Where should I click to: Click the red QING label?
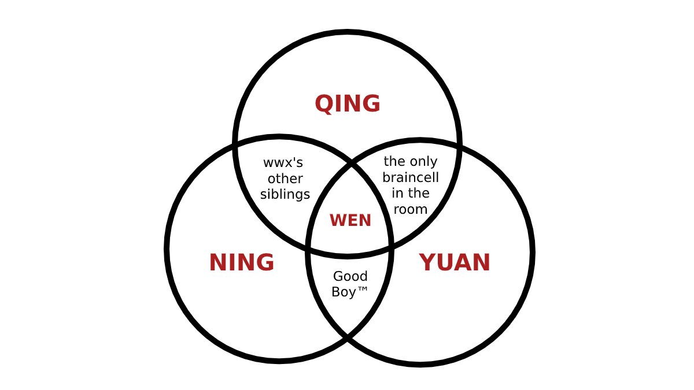pos(348,105)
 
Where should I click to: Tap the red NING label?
pos(241,263)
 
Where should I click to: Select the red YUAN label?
pos(455,263)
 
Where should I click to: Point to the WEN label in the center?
pos(350,220)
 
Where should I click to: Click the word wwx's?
pos(283,163)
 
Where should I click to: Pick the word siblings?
pos(285,195)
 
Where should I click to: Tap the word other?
pos(285,179)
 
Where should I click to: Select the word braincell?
pos(411,177)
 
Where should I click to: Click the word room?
pos(411,209)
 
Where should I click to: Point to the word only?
pos(423,162)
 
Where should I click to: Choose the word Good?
pos(350,276)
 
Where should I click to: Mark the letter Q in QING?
pos(323,105)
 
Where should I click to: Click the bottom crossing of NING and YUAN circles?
pos(349,337)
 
